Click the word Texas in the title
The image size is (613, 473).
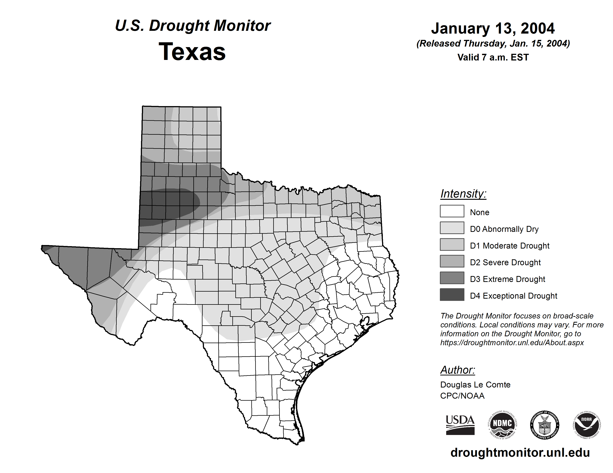(192, 52)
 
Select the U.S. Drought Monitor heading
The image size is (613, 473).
(193, 26)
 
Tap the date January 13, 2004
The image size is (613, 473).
(493, 28)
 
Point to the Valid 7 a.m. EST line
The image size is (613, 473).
(493, 58)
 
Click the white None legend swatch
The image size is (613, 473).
(452, 211)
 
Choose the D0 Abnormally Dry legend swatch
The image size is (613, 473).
(452, 228)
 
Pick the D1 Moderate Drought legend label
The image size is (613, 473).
(509, 246)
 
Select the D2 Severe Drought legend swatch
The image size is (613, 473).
(452, 261)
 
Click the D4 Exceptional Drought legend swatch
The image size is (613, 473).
(452, 295)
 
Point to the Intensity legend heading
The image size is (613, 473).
(463, 194)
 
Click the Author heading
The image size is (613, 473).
(458, 370)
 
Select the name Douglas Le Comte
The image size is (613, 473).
(475, 385)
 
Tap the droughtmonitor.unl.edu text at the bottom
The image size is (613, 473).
(520, 453)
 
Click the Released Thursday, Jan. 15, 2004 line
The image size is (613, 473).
(493, 44)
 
